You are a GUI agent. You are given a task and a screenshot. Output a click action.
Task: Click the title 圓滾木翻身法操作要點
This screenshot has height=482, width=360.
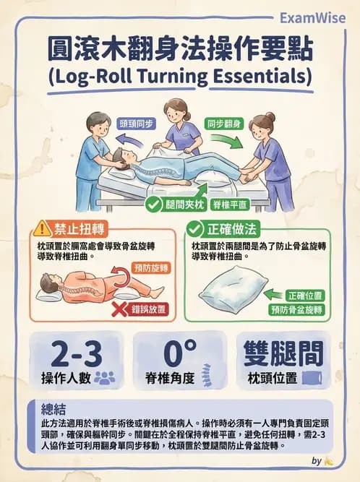180,50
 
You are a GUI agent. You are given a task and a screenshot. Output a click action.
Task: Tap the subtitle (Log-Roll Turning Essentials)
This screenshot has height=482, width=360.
180,76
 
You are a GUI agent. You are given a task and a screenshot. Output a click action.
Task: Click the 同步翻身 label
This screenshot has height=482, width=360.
223,123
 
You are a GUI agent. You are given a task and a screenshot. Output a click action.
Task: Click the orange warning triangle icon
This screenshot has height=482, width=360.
43,230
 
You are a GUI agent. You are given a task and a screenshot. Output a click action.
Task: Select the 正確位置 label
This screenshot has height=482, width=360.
304,296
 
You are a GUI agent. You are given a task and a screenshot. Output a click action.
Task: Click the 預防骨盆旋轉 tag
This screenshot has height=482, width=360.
296,310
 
